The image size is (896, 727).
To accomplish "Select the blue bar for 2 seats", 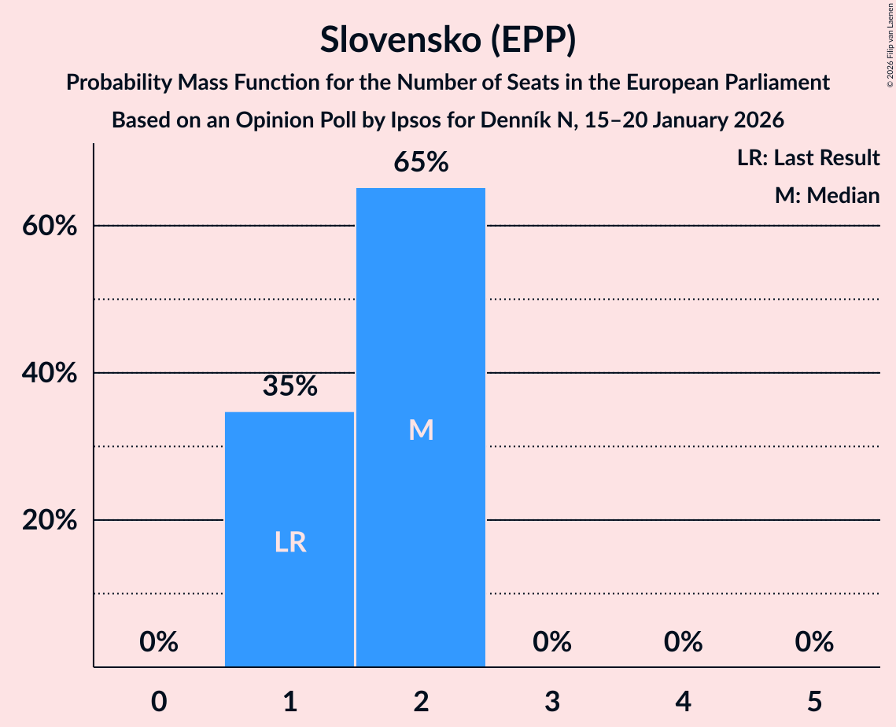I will click(x=421, y=330).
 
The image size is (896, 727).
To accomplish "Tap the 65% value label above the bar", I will click(x=421, y=163).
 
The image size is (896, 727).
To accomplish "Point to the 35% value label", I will click(x=289, y=386).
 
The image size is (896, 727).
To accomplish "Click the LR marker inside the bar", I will click(x=289, y=542).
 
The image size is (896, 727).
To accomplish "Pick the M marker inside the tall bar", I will click(x=421, y=430).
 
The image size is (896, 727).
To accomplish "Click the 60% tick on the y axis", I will click(x=49, y=227).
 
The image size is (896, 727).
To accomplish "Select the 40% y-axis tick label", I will click(x=49, y=374).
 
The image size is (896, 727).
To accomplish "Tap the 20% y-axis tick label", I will click(x=49, y=521).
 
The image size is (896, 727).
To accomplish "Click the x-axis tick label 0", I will click(x=159, y=701).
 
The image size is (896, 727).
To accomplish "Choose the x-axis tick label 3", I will click(x=552, y=701).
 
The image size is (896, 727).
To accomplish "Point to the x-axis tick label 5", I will click(x=814, y=701).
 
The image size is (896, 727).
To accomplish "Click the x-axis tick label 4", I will click(x=683, y=701).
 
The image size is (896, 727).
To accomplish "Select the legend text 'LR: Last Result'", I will click(x=808, y=158).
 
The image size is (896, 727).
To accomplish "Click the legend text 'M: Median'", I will click(x=827, y=195).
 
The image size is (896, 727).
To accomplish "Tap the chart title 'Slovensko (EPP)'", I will click(x=448, y=40).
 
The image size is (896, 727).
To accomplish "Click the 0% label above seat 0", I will click(x=159, y=643).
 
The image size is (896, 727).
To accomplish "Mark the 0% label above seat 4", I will click(x=683, y=643).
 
